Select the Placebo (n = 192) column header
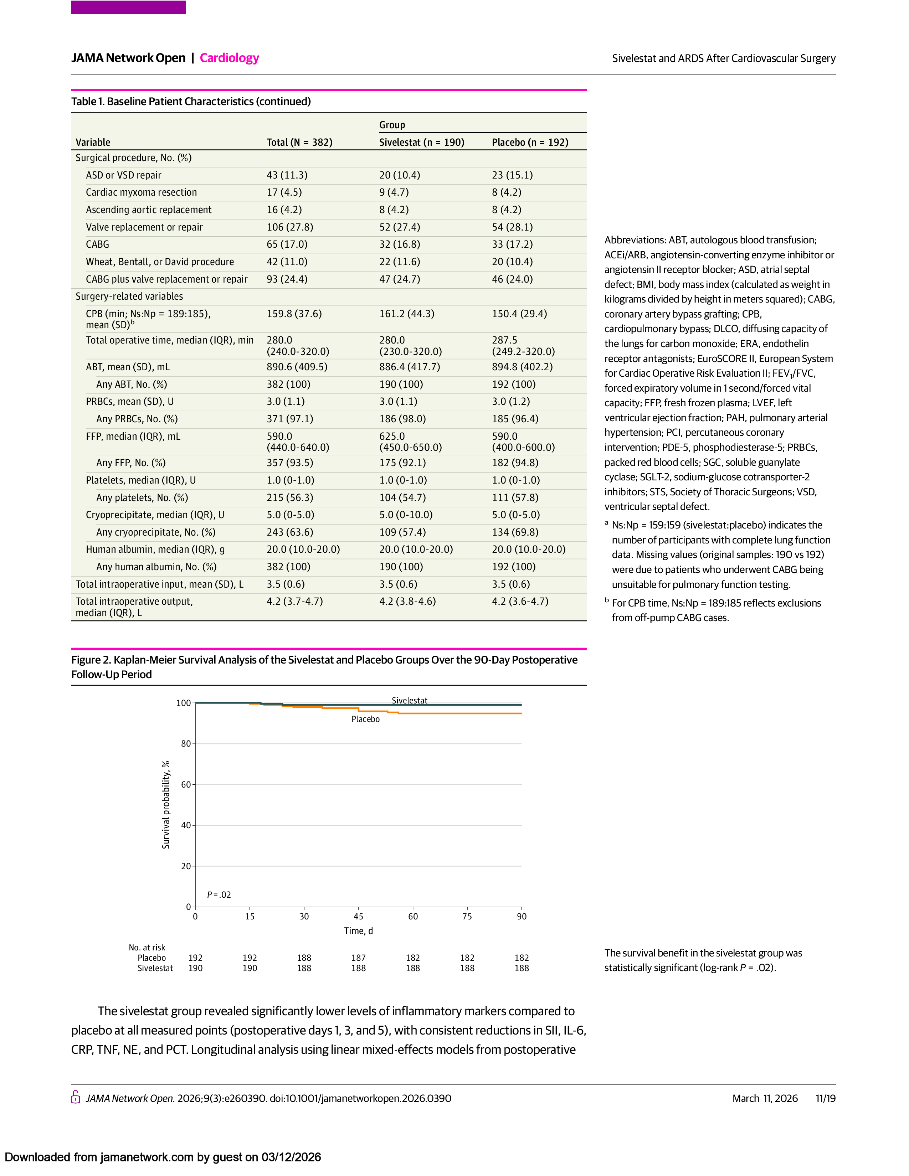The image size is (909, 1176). pos(530,142)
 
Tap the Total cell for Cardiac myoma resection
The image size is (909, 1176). pos(284,192)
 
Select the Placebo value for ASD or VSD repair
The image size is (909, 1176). pos(512,175)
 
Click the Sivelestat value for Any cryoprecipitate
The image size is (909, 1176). pos(402,532)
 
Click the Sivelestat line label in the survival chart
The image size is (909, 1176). pos(409,701)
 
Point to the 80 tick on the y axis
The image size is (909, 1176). pos(186,744)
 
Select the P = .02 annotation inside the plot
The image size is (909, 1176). pos(219,895)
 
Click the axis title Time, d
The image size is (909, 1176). pos(358,931)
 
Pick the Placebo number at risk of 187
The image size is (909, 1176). pos(358,958)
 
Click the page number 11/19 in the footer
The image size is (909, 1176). pos(825,1098)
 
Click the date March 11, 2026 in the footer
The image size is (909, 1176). pos(765,1098)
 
